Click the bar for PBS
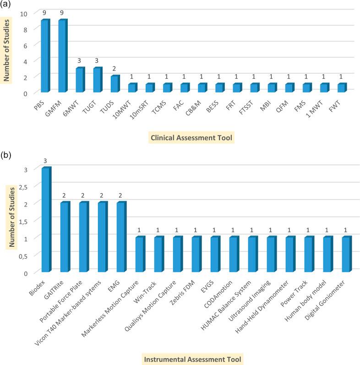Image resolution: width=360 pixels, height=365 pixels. pos(45,55)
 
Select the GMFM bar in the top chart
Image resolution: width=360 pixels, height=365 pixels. pos(62,55)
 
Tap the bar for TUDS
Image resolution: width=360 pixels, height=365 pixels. pos(115,83)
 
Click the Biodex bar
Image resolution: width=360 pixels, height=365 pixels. pos(46,220)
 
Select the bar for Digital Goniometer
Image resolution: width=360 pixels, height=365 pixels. pos(346,254)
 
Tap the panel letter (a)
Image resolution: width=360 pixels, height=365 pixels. pos(8,5)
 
